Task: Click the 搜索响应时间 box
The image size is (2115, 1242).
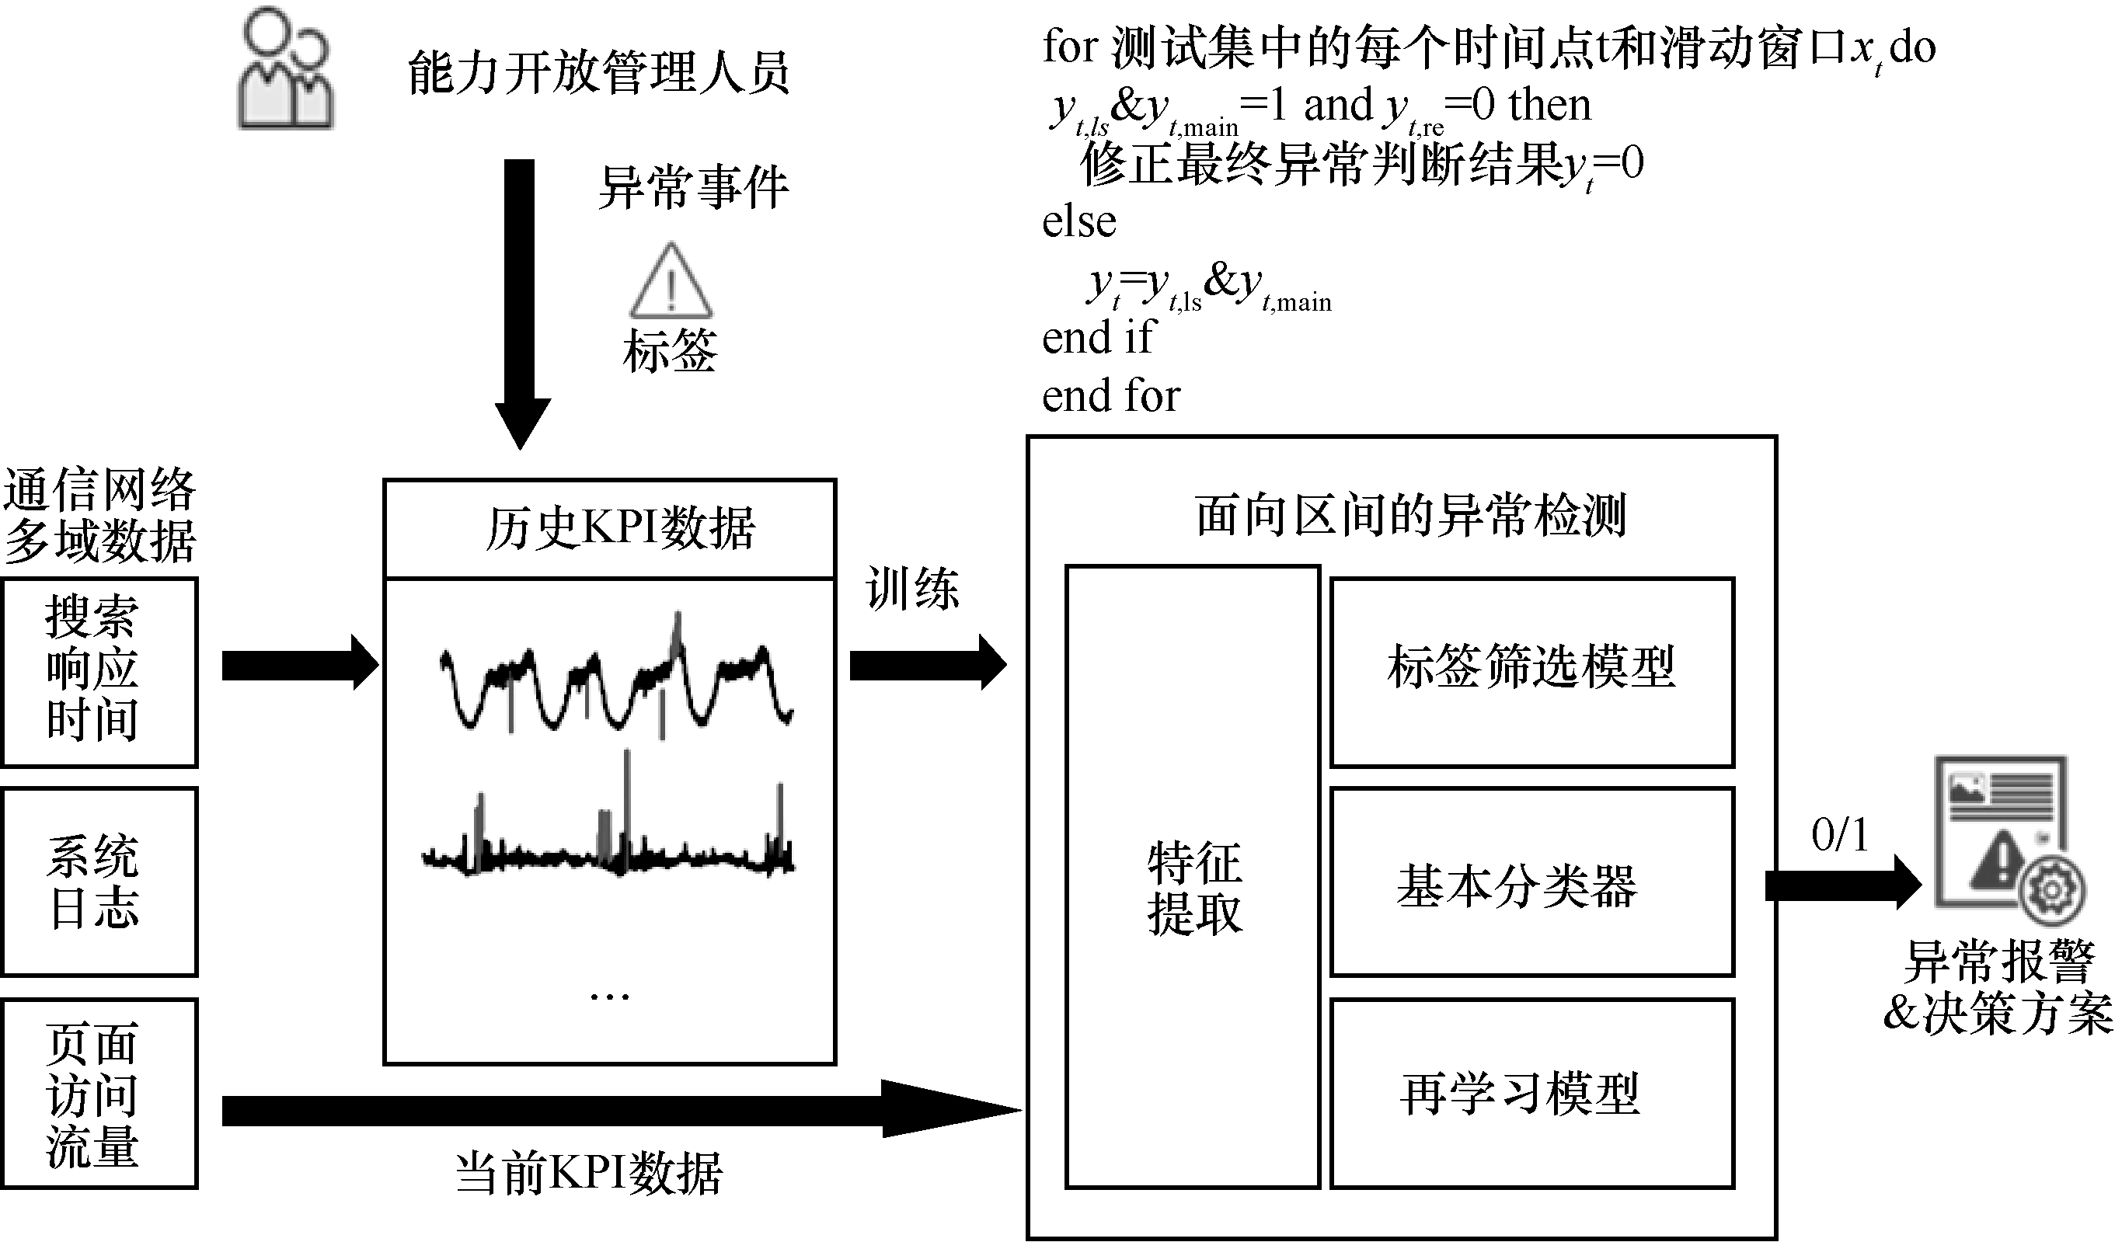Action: (99, 671)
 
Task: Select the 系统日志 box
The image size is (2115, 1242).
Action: (99, 881)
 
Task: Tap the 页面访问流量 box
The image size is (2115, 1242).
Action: (99, 1093)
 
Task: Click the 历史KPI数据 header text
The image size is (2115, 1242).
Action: (619, 529)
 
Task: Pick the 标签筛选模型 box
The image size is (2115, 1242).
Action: (1531, 671)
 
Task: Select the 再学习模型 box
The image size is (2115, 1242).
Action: (1531, 1094)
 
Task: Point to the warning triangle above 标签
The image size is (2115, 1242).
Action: (671, 282)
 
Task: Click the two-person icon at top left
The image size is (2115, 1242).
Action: (285, 69)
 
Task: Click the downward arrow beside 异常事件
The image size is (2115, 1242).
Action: (521, 302)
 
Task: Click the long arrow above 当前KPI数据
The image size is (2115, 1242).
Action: (621, 1109)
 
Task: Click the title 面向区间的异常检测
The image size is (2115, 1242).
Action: (1411, 514)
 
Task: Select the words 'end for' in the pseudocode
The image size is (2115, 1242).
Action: (1110, 395)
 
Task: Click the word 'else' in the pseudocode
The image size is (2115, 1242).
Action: (1078, 222)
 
